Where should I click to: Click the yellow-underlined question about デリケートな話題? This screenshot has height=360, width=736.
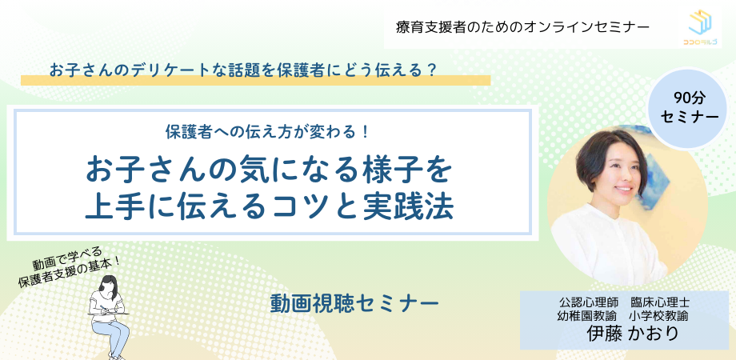coord(242,69)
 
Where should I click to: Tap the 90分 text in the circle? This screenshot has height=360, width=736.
coord(690,98)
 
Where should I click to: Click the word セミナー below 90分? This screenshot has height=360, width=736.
coord(690,118)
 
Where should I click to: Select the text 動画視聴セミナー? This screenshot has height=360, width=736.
coord(354,303)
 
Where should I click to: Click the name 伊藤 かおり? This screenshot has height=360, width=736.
coord(632,333)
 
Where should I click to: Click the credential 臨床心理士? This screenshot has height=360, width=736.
coord(660,303)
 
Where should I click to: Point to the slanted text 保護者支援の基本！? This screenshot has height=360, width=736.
coord(70,270)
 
